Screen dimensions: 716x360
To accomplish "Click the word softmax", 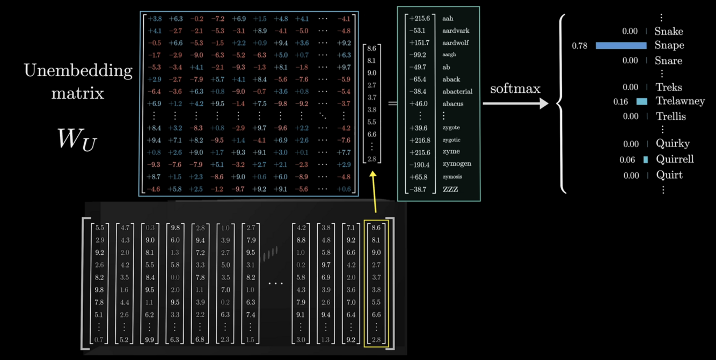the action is (515, 89).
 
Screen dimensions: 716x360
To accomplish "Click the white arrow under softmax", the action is (515, 104).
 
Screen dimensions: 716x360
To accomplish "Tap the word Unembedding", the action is (78, 71).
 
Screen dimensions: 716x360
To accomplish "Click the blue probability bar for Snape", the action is (621, 46).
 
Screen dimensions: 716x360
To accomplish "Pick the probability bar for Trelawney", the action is (641, 101).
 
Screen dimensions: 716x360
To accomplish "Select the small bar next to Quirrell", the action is (645, 159).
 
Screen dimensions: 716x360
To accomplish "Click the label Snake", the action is (669, 32).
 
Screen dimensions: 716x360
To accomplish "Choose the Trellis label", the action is (670, 116).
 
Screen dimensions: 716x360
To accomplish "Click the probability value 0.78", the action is (580, 46).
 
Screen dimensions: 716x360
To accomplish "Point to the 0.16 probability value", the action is (620, 101).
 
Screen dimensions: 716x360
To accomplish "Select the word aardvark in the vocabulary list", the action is (456, 31).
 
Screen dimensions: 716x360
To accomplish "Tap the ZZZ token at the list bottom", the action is (450, 189).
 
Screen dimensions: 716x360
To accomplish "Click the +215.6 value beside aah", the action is (420, 19).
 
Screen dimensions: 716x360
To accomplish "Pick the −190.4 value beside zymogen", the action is (419, 164).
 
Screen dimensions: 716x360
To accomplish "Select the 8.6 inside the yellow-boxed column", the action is (376, 228).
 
